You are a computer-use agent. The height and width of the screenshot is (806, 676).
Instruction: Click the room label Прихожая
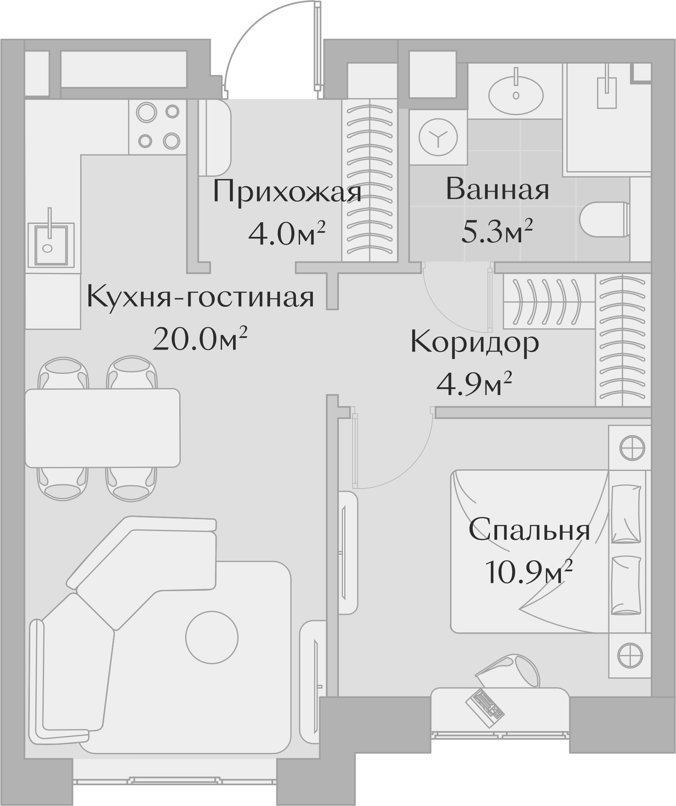287,192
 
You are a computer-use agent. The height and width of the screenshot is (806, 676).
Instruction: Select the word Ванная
497,190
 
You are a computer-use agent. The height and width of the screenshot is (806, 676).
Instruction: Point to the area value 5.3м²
497,232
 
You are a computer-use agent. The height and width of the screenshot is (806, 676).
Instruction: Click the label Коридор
474,343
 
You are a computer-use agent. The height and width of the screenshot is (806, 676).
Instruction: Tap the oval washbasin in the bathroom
516,95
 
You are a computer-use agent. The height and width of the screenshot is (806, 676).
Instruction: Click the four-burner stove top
158,126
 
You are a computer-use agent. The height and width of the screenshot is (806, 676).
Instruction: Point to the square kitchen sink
50,244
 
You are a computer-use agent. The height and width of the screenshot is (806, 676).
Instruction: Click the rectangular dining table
103,427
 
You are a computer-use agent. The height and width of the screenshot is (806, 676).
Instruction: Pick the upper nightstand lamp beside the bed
632,447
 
